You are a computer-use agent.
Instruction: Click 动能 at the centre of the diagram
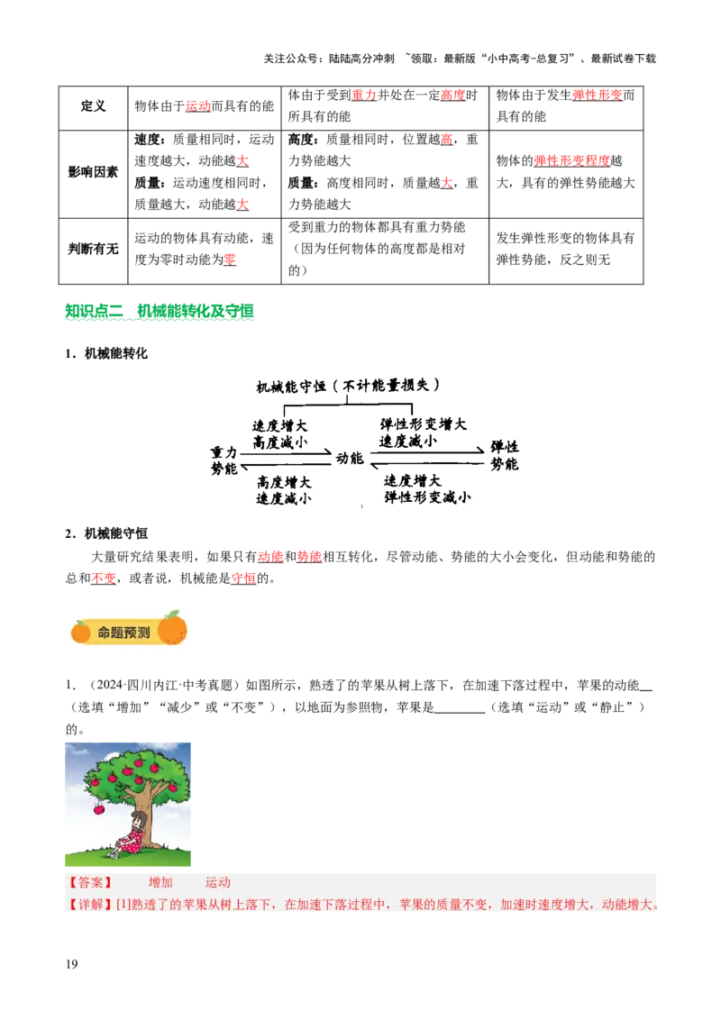pos(350,459)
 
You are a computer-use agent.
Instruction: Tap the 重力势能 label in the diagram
pos(224,460)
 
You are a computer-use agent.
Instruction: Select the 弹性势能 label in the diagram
pos(504,456)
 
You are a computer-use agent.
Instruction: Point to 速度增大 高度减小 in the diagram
pos(280,433)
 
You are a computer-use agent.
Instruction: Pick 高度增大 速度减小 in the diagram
pos(284,489)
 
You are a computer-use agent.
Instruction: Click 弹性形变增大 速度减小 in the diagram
pos(423,433)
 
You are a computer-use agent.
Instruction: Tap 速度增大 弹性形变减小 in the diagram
pos(426,488)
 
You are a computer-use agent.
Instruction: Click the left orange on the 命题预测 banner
pos(81,633)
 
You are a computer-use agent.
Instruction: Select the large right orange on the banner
pos(172,629)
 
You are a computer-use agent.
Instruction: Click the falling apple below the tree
pos(98,809)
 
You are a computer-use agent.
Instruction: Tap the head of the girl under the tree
pos(138,818)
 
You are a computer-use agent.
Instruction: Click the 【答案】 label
pos(89,883)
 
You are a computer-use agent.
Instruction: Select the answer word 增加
pos(160,883)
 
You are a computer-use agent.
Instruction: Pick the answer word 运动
pos(218,883)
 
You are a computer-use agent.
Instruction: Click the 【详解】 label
pos(89,905)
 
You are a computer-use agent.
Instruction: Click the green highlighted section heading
pos(160,313)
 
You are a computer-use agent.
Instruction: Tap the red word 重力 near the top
pos(363,95)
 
